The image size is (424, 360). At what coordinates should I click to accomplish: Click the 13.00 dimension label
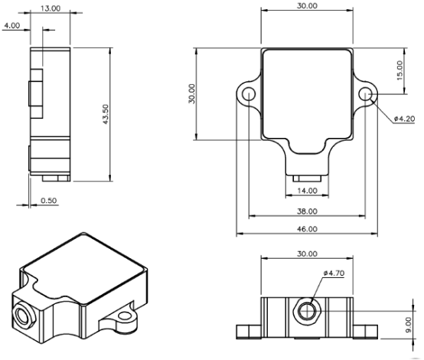tap(51, 8)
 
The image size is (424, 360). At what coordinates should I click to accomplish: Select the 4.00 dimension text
tap(12, 25)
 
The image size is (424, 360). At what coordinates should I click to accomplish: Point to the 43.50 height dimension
tap(106, 114)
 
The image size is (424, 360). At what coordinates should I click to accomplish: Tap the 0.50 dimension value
tap(49, 201)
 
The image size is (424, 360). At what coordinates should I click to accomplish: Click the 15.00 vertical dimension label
tap(400, 70)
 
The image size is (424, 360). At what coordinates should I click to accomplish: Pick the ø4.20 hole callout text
tap(404, 119)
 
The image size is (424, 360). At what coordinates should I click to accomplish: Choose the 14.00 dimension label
tap(307, 191)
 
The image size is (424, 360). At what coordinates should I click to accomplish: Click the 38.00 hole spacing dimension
tap(307, 211)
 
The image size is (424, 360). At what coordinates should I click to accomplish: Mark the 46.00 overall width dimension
tap(307, 229)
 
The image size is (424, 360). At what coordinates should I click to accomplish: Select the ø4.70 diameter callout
tap(334, 273)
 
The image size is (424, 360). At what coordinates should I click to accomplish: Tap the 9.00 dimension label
tap(409, 325)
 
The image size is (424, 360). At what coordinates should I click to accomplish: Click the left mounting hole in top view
tap(249, 94)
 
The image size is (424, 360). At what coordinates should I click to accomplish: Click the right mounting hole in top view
tap(365, 93)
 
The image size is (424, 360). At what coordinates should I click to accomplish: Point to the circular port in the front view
tap(307, 311)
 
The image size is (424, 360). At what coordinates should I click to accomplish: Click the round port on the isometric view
tap(24, 316)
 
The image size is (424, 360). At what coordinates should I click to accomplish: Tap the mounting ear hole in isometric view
tap(125, 316)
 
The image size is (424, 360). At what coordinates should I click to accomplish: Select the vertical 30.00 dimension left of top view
tap(192, 93)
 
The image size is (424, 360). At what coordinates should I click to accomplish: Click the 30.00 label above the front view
tap(307, 254)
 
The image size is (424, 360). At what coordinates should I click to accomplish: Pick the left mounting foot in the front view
tap(249, 332)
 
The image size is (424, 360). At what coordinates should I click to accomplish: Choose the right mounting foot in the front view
tap(365, 332)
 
